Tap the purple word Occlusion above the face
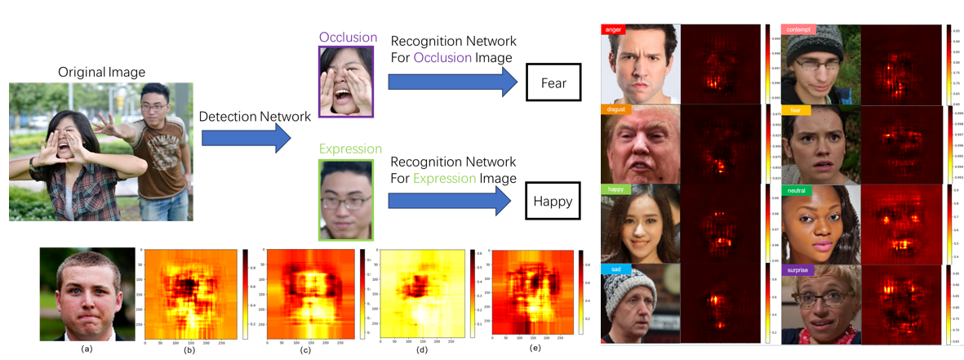[x=348, y=38]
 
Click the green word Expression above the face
[x=351, y=149]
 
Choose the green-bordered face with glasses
[x=347, y=198]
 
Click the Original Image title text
[x=100, y=73]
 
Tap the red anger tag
[x=613, y=29]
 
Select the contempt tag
[x=798, y=30]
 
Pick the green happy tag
[x=615, y=189]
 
